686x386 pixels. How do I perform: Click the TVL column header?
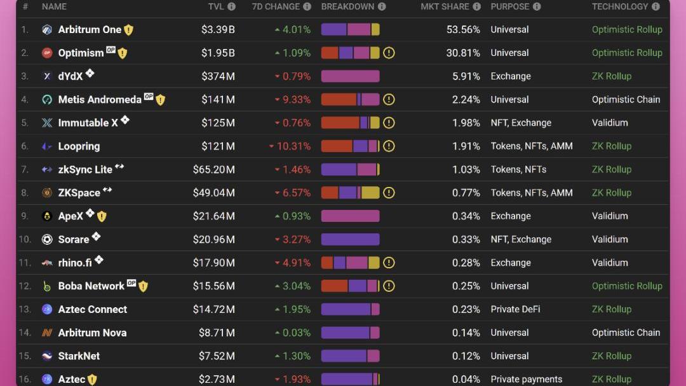(215, 6)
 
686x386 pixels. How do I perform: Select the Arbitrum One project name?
(90, 30)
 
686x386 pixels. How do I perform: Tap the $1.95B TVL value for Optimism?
(218, 53)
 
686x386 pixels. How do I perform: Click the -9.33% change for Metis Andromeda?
(293, 100)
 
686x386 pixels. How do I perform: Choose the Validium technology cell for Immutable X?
(609, 123)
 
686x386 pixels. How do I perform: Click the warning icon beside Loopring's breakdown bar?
(389, 146)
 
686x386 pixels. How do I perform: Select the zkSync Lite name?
(85, 170)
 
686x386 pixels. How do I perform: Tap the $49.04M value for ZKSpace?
(213, 193)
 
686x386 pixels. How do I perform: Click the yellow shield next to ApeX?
(102, 216)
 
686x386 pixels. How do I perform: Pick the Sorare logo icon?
(47, 240)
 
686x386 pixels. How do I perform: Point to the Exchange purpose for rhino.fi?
(510, 263)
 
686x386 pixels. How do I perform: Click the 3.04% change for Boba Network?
(293, 286)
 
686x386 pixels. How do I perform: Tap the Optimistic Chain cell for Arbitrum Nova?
(626, 333)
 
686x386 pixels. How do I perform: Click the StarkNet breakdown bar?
(350, 356)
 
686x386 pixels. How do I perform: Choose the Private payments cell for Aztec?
(526, 379)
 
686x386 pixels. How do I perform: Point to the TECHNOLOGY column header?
(620, 6)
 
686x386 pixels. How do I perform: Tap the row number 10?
(25, 240)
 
